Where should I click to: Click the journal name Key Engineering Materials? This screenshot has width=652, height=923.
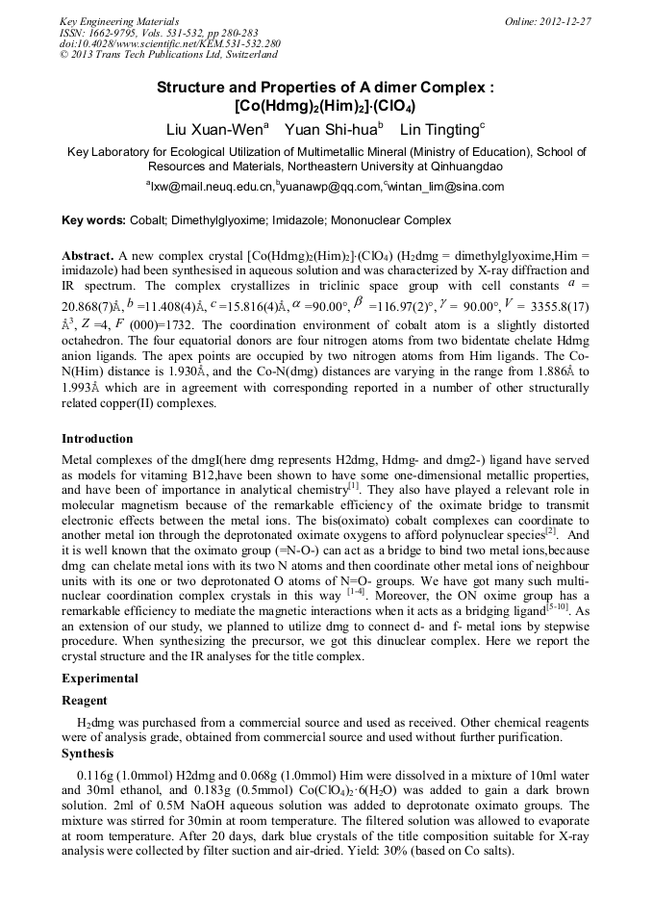click(106, 21)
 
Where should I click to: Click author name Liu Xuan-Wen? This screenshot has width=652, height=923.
click(217, 130)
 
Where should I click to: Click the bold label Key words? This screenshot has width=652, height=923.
click(93, 221)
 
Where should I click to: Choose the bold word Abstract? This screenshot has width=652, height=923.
click(88, 258)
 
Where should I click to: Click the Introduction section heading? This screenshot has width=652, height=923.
click(97, 439)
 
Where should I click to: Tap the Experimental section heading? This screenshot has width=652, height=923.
click(100, 679)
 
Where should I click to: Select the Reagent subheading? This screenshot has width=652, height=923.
click(85, 701)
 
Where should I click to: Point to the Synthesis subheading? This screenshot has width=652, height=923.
click(88, 753)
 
